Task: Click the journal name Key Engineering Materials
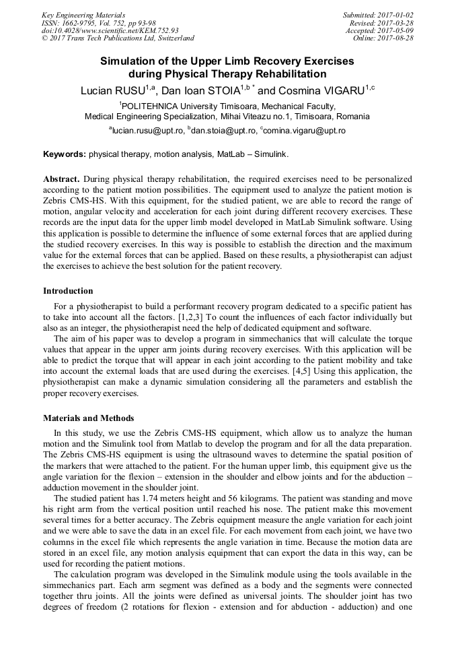pyautogui.click(x=83, y=15)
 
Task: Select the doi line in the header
pyautogui.click(x=110, y=30)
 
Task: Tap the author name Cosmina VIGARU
pyautogui.click(x=321, y=90)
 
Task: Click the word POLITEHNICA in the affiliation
pyautogui.click(x=153, y=106)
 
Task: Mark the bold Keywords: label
pyautogui.click(x=65, y=154)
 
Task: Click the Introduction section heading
pyautogui.click(x=68, y=291)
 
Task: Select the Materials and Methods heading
pyautogui.click(x=88, y=418)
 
